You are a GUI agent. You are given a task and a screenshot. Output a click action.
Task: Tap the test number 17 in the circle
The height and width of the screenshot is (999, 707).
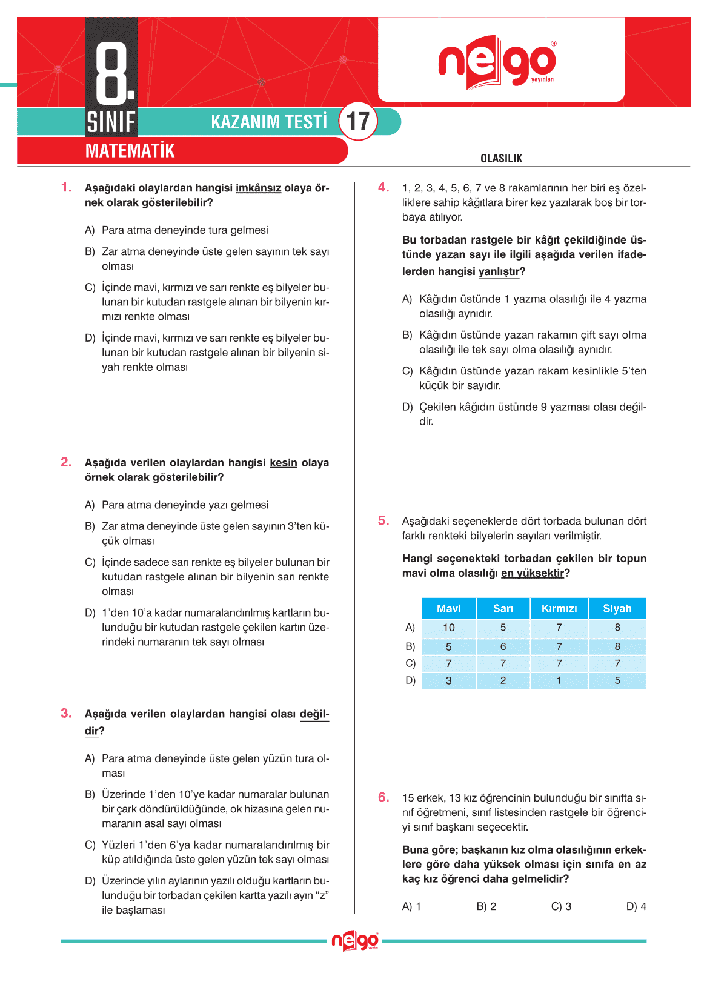click(x=358, y=121)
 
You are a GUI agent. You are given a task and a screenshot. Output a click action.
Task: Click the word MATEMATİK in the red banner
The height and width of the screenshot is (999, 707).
click(x=130, y=151)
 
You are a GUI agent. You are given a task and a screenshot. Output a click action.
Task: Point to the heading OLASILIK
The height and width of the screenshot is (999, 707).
click(x=501, y=159)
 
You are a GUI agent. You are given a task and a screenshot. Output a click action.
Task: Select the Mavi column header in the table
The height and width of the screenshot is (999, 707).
click(x=448, y=608)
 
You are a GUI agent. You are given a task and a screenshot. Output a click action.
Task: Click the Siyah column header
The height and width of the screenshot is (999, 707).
click(x=617, y=608)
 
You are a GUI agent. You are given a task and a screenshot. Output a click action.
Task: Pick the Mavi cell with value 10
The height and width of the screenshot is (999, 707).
click(x=448, y=628)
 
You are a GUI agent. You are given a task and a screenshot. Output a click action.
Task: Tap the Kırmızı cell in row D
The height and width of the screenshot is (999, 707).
click(x=559, y=680)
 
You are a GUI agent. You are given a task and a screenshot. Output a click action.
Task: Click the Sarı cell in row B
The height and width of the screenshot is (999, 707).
click(x=503, y=646)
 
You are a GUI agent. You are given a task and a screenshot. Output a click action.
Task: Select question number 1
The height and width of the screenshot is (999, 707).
click(x=66, y=187)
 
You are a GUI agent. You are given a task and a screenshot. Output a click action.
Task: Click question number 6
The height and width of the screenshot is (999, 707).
click(x=383, y=797)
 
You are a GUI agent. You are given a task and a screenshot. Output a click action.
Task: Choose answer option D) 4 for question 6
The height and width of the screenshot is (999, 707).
click(x=636, y=906)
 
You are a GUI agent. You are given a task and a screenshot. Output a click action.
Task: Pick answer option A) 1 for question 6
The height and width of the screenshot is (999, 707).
click(x=411, y=906)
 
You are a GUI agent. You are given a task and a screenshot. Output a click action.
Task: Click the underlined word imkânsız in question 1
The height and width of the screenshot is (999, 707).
click(x=258, y=188)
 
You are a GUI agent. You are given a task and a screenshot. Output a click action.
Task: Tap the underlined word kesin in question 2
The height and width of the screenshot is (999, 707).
click(x=283, y=463)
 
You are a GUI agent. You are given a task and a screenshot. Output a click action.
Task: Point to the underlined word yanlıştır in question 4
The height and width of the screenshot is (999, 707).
click(x=499, y=271)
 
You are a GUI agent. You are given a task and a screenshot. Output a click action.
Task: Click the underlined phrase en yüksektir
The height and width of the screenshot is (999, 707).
click(x=532, y=573)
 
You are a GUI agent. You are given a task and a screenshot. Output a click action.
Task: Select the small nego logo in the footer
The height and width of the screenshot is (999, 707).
click(x=355, y=941)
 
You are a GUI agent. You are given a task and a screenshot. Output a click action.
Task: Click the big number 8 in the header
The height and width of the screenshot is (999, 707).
click(x=113, y=71)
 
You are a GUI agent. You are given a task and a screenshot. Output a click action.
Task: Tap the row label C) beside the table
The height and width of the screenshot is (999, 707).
click(x=410, y=663)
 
